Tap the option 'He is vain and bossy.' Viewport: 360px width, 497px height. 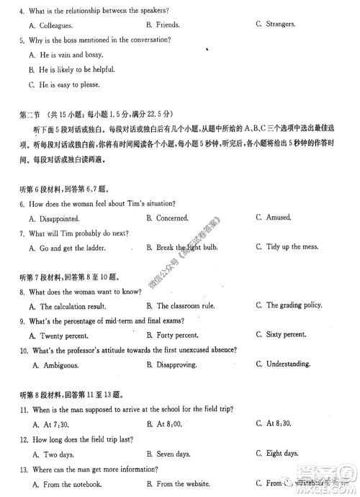71,54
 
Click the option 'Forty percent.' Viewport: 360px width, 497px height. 177,335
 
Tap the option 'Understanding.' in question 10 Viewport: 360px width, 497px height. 288,364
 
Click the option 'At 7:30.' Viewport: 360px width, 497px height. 53,424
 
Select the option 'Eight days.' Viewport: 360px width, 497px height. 282,453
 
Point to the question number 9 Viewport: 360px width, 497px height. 22,321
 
